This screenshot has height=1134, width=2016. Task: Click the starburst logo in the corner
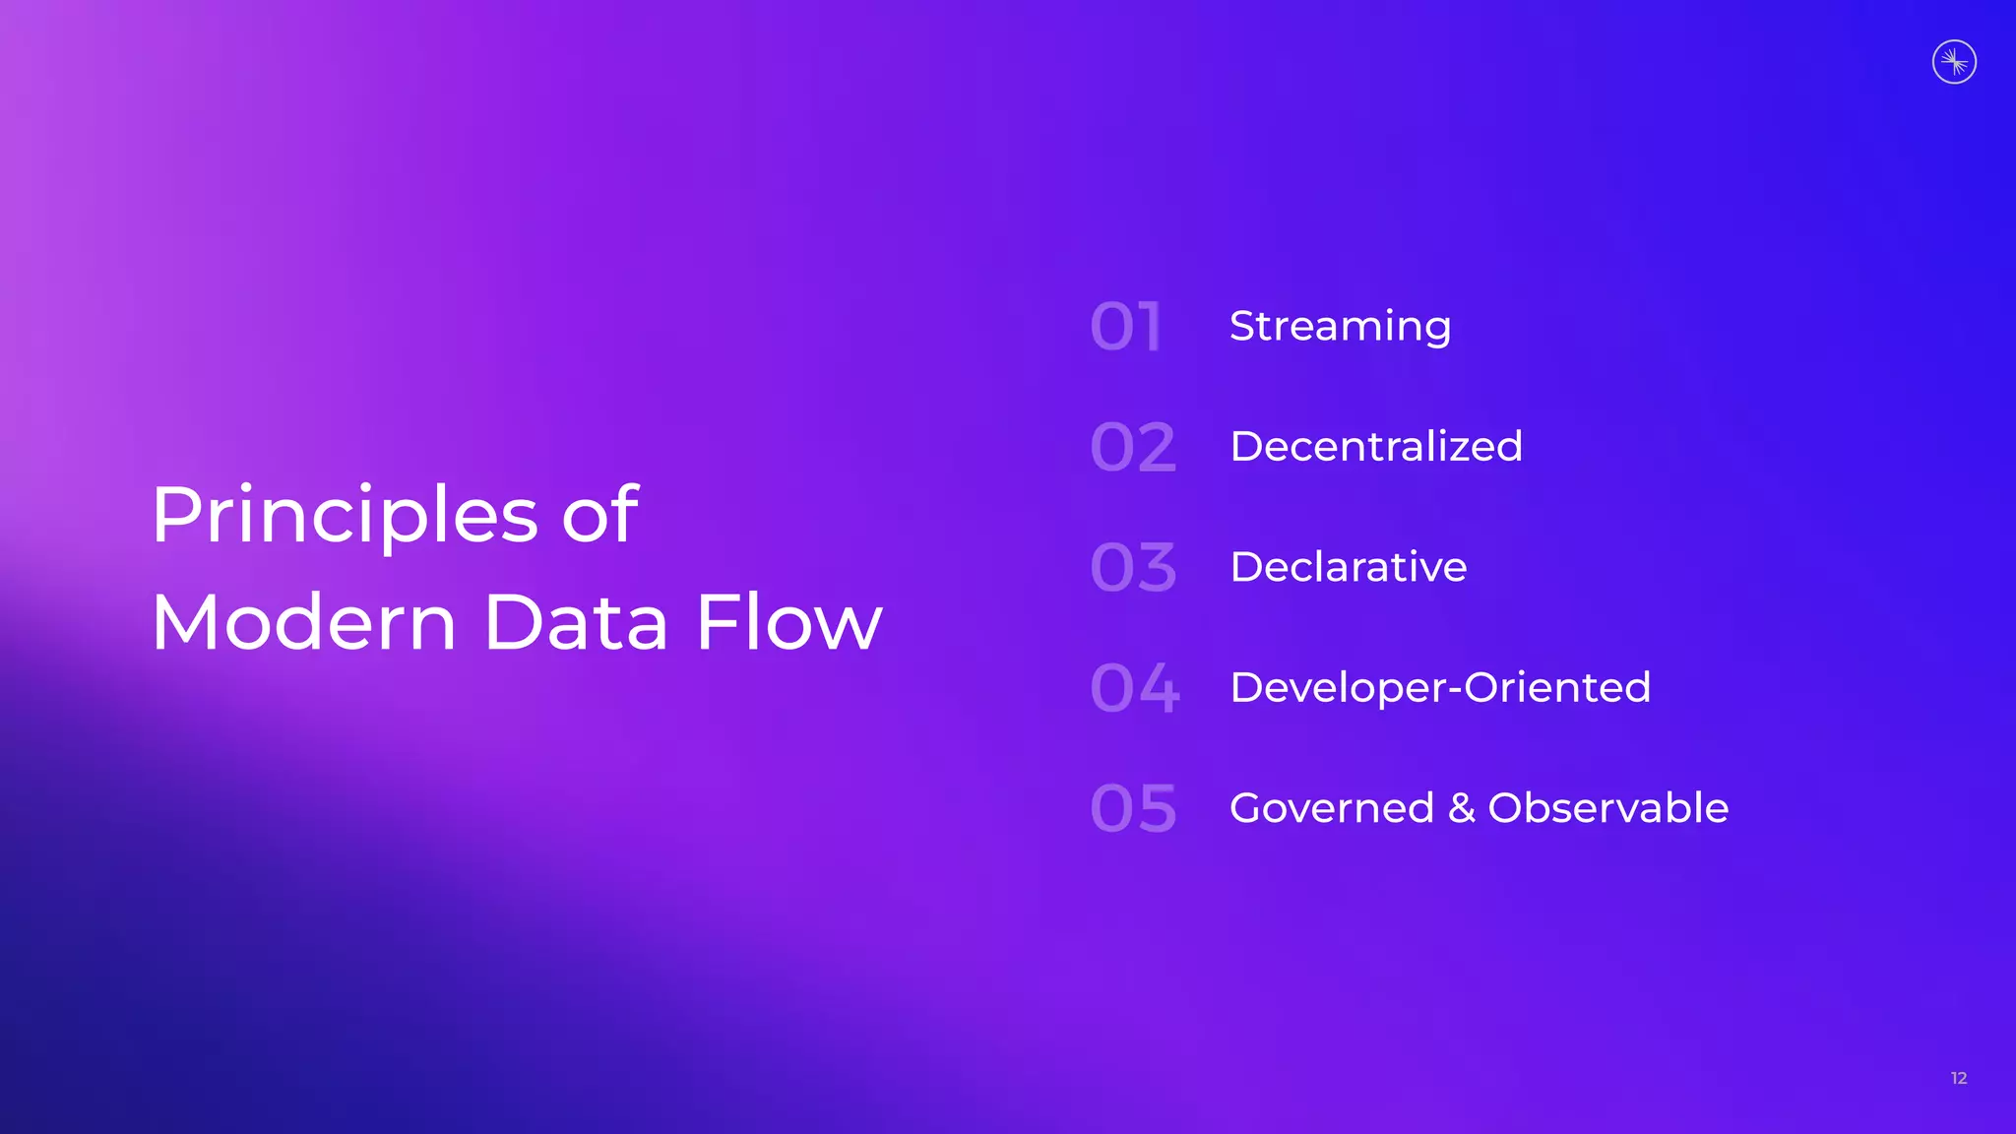[1954, 62]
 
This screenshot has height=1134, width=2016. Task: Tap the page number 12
[1959, 1078]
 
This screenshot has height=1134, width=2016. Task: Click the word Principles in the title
[345, 516]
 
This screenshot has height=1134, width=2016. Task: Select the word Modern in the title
[304, 622]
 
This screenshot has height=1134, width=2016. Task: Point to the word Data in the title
[576, 622]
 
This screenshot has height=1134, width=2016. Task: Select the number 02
[1133, 448]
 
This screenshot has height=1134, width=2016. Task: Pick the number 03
[1133, 568]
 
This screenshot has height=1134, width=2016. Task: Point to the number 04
[1134, 688]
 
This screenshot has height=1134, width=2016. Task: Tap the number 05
[1133, 809]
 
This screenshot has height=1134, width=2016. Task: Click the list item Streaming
[1340, 327]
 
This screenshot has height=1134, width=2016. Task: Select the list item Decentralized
[1376, 447]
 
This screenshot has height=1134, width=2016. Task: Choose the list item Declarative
[1349, 567]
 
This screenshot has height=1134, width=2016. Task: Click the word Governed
[1332, 808]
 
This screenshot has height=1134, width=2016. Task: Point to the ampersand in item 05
[1461, 808]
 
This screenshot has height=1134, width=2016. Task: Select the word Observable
[1607, 808]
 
